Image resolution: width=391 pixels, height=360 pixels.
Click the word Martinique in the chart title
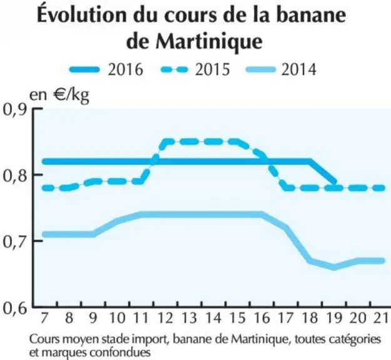209,42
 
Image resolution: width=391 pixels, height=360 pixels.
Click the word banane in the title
311,15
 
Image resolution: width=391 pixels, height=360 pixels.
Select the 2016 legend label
125,69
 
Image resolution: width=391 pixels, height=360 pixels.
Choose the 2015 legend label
212,69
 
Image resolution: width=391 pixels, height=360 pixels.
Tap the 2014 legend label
299,69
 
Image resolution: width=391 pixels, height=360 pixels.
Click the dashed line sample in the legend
174,69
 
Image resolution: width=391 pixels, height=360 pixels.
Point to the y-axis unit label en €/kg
59,96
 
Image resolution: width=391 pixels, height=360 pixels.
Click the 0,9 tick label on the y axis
15,109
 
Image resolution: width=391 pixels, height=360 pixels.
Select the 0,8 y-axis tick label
15,176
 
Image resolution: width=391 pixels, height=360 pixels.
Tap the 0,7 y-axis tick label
15,242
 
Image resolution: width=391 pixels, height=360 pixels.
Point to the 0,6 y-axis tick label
15,308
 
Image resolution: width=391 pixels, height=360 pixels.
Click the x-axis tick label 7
44,318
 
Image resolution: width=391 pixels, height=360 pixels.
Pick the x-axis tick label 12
166,318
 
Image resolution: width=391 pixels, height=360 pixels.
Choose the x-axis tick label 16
262,318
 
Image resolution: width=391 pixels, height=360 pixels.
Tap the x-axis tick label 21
382,318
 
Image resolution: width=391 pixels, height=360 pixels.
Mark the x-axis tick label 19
335,318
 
